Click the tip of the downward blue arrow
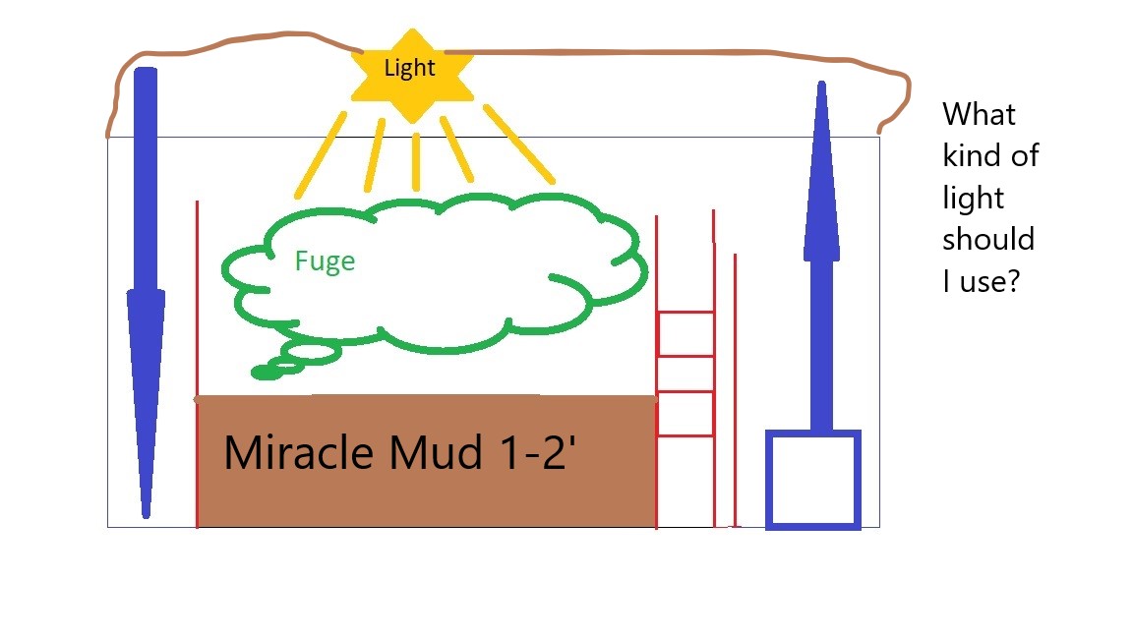[146, 517]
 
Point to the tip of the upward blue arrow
[821, 82]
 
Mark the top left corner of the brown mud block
[198, 396]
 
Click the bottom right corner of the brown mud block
[656, 527]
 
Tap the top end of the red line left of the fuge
[198, 202]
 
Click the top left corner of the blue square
[766, 431]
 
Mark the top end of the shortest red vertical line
[735, 255]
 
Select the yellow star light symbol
[412, 76]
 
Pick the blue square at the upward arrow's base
[813, 481]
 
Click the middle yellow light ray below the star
[415, 162]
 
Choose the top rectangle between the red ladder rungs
[686, 333]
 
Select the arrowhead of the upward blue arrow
[821, 170]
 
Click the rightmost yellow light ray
[519, 145]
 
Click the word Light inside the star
[409, 68]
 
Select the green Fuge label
[325, 261]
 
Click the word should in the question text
[987, 239]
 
